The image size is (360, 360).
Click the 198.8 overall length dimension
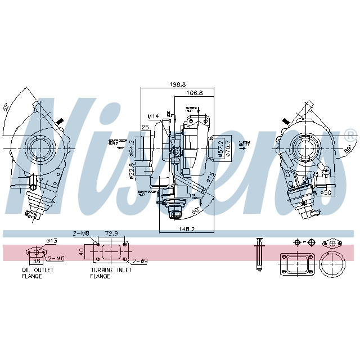pos(177,84)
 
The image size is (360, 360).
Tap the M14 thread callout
pos(153,116)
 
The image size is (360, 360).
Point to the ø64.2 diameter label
pos(131,148)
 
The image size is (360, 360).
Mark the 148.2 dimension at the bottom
pos(187,229)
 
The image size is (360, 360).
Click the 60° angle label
pos(195,212)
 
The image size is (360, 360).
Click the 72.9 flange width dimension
pos(111,233)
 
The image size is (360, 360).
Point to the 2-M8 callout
pos(81,233)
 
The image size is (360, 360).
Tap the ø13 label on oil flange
pos(52,241)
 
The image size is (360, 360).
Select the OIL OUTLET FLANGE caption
pos(38,273)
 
